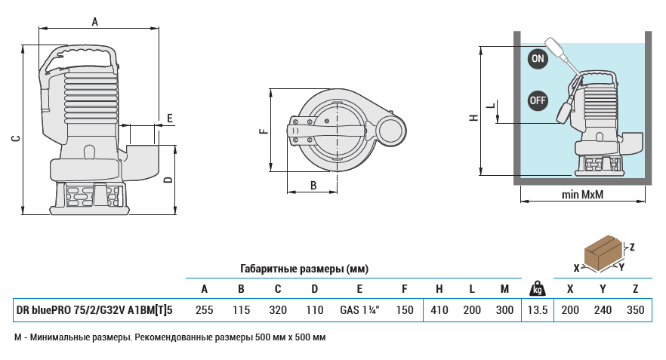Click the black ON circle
pos(537,59)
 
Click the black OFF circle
pos(537,100)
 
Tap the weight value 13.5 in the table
pos(537,309)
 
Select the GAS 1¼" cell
pos(359,309)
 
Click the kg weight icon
pos(537,288)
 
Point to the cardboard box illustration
pos(604,253)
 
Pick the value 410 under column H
pos(439,309)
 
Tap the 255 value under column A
pos(204,309)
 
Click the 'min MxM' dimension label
pos(583,195)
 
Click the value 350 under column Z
pos(636,309)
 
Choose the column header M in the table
pos(504,288)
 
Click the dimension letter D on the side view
pos(168,179)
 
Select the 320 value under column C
pos(278,309)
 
